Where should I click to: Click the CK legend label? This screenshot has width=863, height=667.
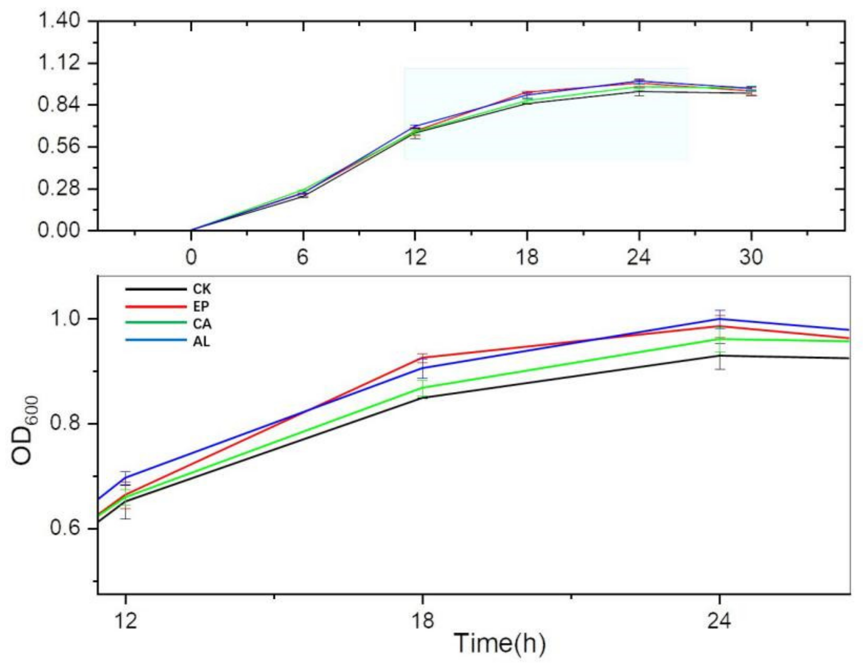coord(201,290)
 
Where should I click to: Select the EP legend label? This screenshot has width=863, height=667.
coord(201,307)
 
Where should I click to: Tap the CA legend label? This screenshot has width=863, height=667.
coord(202,324)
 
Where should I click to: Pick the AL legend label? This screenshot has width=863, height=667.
coord(201,342)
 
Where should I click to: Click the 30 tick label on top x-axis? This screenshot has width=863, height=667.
coord(751,258)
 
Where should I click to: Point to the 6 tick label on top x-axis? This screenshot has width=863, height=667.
coord(303,258)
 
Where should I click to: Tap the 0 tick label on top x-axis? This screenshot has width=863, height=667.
coord(191,258)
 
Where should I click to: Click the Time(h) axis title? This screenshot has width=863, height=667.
coord(499,643)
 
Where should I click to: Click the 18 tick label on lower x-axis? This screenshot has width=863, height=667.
coord(422,621)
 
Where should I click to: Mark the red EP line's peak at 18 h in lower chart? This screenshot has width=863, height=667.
coord(423,358)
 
